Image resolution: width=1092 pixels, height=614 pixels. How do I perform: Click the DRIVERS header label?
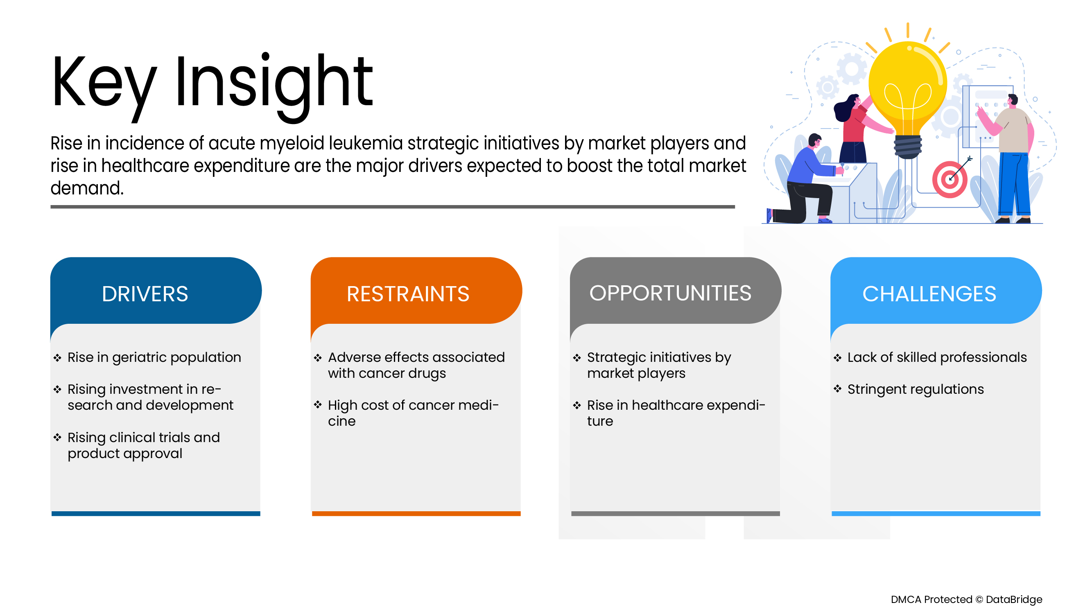click(x=145, y=293)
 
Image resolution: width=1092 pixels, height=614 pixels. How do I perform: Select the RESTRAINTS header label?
click(x=408, y=293)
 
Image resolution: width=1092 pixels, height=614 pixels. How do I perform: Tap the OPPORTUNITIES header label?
click(x=670, y=293)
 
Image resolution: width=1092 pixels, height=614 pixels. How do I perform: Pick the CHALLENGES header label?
click(x=929, y=293)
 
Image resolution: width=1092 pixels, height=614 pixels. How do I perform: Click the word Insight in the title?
click(x=274, y=83)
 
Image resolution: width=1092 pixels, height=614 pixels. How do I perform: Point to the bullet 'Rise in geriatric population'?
click(x=154, y=357)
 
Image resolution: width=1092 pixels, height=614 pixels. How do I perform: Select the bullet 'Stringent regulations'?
click(x=915, y=389)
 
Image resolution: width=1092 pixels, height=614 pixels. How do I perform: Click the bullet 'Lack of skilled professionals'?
click(x=936, y=357)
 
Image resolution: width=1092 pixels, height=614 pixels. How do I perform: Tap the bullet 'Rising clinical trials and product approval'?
click(x=143, y=445)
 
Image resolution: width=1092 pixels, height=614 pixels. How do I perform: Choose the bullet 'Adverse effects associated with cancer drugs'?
click(x=416, y=365)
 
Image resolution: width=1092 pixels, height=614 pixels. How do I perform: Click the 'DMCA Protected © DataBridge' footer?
click(x=966, y=599)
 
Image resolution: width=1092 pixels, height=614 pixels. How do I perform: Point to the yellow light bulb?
click(x=907, y=85)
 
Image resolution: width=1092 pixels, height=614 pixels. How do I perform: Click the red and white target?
click(x=950, y=180)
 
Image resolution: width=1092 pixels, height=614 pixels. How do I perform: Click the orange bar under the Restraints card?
click(x=416, y=514)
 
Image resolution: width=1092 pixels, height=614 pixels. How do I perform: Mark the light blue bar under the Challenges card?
click(x=936, y=514)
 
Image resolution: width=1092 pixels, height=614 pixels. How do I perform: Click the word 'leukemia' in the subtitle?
click(x=365, y=143)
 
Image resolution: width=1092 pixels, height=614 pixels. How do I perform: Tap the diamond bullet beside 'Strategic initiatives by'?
click(x=577, y=358)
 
